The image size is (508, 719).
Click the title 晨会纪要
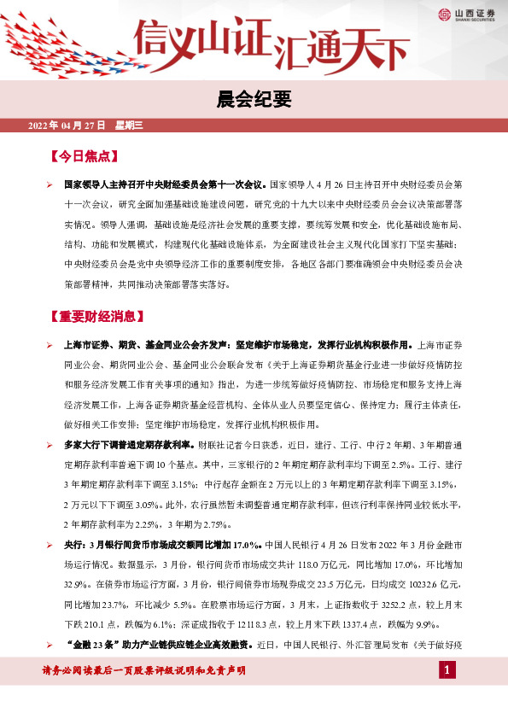254,98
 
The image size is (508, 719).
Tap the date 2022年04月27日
66,126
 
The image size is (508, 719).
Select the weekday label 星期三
128,126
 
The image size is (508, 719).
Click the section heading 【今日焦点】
83,157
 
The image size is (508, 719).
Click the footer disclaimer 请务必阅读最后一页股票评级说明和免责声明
143,670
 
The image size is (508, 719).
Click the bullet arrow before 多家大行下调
50,445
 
